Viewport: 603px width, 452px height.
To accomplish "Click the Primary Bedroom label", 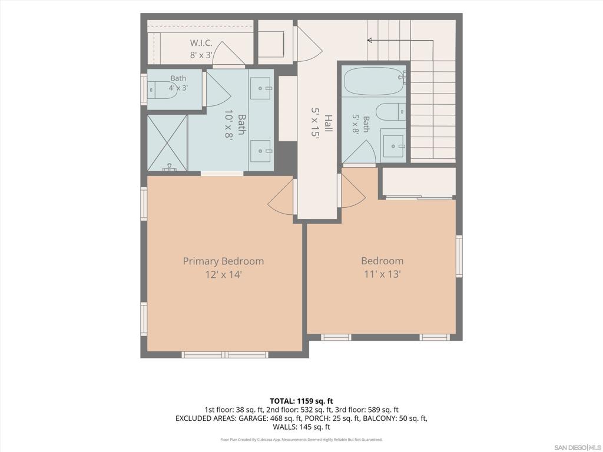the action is pos(223,261).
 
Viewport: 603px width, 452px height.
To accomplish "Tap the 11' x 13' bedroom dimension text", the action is pos(382,274).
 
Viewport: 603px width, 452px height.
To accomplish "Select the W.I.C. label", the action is pos(201,43).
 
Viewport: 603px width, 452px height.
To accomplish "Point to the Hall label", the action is pos(327,124).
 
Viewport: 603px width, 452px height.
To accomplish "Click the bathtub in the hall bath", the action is pos(374,81).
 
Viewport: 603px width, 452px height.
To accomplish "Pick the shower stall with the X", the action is pos(167,142).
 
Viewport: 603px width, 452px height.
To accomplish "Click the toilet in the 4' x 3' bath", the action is pos(161,90).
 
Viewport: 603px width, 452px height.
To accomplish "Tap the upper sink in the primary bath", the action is pos(261,88).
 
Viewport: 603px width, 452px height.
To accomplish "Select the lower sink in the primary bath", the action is pos(261,151).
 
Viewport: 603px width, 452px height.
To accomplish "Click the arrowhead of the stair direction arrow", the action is pos(370,40).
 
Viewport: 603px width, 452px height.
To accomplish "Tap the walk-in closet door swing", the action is pos(228,52).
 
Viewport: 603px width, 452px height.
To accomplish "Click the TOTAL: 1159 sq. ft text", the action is pos(301,401).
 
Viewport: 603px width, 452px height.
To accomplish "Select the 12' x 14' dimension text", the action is pos(223,274).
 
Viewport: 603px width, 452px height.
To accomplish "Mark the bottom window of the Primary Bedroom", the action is pos(225,354).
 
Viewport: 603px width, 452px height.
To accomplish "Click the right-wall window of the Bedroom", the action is pos(459,255).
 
